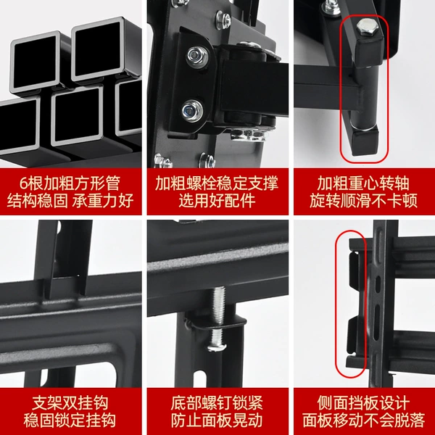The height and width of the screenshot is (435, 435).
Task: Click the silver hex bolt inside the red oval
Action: pos(366,27)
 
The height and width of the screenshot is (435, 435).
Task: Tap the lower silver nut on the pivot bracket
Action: pos(192,110)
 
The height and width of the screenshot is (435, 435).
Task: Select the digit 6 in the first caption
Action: pos(24,183)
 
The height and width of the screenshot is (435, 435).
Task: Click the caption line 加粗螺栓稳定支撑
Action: pos(217,183)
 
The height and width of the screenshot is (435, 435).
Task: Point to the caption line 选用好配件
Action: pos(217,201)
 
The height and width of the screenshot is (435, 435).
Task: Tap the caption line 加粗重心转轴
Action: pos(363,183)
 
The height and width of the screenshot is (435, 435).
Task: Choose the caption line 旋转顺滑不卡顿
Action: pos(363,201)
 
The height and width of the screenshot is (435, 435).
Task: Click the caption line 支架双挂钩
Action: pos(70,402)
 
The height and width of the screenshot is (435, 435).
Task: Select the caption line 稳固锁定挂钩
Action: pos(70,420)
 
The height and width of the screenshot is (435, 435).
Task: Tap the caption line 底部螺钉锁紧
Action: pos(217,402)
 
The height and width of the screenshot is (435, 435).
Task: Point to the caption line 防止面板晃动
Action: pos(217,420)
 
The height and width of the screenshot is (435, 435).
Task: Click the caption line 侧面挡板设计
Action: pos(363,402)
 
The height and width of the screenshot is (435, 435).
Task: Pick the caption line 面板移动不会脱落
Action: pos(363,420)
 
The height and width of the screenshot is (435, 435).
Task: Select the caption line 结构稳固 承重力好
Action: pos(70,201)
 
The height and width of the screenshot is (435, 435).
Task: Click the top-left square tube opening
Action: pos(36,63)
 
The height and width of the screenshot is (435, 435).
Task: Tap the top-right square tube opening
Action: pos(98,49)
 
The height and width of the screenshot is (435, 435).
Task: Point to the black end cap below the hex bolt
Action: pos(369,51)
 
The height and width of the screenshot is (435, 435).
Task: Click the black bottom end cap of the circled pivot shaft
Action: pos(365,140)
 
